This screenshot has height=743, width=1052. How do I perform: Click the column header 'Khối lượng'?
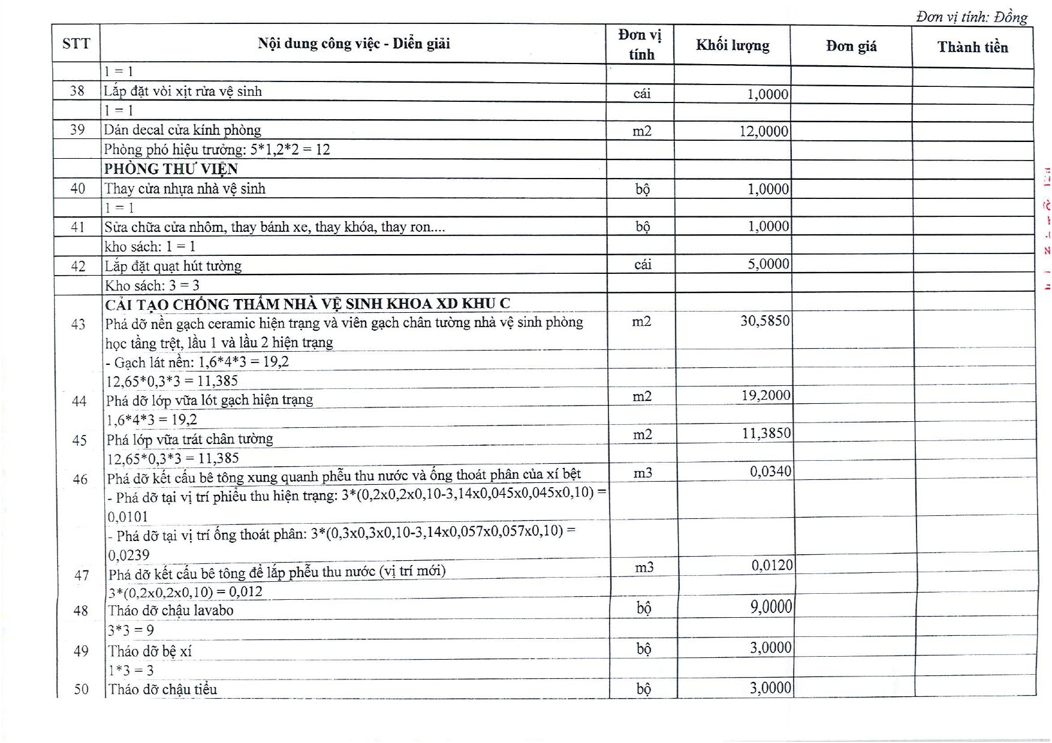(732, 46)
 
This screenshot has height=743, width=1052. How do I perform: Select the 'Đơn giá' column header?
(851, 46)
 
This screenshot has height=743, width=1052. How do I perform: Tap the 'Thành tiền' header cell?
(972, 47)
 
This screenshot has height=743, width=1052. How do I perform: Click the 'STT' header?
(76, 43)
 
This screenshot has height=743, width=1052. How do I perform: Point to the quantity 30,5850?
(765, 321)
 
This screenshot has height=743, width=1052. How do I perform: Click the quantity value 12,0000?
(764, 131)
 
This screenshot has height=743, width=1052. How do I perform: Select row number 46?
(80, 479)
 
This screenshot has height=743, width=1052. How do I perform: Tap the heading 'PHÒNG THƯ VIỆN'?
(171, 169)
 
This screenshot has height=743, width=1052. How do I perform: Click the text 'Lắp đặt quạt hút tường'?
(173, 265)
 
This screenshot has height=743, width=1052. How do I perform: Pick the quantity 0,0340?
(770, 472)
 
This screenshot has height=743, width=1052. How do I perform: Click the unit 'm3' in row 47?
(644, 567)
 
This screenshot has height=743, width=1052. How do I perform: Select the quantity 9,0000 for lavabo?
(771, 607)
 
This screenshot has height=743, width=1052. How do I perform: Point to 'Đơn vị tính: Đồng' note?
(971, 17)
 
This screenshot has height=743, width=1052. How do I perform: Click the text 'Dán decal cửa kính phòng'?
(182, 130)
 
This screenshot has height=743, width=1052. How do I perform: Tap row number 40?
(77, 189)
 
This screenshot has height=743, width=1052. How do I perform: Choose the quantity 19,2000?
(765, 395)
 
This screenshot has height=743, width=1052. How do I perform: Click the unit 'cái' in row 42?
(643, 264)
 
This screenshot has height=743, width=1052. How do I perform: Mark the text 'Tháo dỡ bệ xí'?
(150, 651)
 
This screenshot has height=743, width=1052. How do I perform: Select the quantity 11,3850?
(766, 433)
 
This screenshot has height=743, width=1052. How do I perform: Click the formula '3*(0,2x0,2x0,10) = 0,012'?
(185, 592)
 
